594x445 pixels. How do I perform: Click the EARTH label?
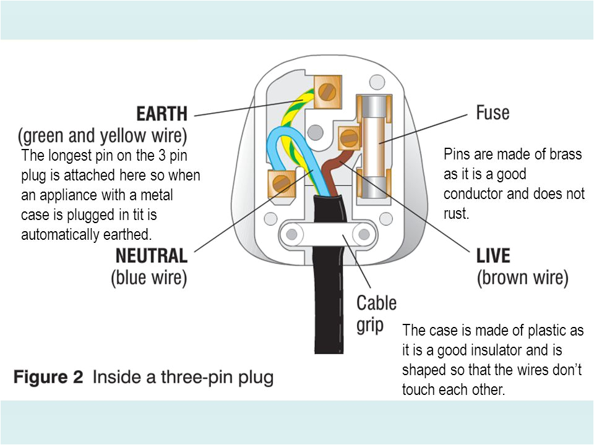(x=161, y=114)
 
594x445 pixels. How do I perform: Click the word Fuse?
(x=493, y=112)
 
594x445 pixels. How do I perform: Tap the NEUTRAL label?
(x=152, y=256)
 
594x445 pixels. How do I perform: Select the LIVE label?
(x=493, y=255)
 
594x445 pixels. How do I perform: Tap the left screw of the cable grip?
(x=290, y=234)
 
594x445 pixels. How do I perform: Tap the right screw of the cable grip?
(x=364, y=234)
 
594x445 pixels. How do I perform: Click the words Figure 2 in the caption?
(x=48, y=377)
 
